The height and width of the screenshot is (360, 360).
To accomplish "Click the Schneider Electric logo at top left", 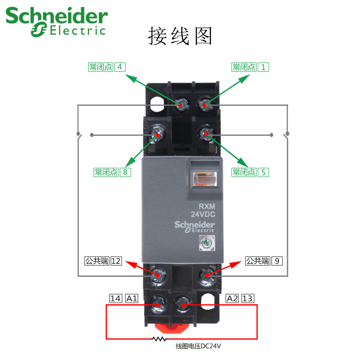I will click(56, 21).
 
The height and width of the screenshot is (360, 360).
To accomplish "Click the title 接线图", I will click(180, 36).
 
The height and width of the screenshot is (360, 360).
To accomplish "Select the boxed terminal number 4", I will click(120, 67).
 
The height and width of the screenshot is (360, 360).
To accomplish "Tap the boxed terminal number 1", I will click(263, 67).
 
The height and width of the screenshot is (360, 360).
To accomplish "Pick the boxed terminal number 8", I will click(125, 172).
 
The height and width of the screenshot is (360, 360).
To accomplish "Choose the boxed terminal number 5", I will click(263, 172).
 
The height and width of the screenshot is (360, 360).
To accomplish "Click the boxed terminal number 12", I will click(116, 261).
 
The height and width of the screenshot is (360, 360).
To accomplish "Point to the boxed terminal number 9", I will click(277, 261).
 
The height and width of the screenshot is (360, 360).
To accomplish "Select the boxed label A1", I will click(131, 298).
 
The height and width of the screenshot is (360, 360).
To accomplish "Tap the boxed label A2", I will click(232, 298).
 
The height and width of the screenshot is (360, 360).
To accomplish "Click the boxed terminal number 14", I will click(116, 298).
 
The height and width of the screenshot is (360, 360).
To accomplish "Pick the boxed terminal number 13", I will click(248, 298).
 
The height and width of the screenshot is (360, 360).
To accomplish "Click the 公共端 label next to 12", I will click(97, 261).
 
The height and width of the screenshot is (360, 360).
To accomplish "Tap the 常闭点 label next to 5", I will click(243, 172).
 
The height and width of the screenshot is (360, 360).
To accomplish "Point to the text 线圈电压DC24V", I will click(198, 346).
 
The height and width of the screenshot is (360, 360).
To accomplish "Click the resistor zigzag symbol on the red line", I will click(159, 338).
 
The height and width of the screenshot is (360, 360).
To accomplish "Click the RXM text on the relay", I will click(200, 207).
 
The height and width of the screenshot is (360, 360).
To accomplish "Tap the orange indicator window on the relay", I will click(204, 180).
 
